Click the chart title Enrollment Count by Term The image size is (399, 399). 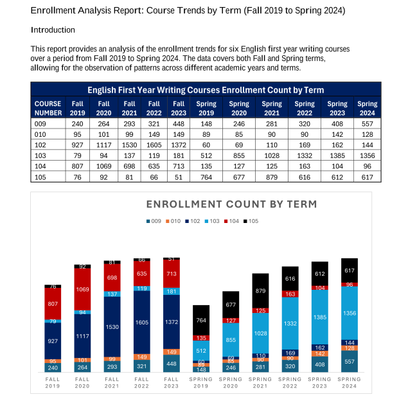pyautogui.click(x=231, y=204)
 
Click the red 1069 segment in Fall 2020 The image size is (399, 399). pyautogui.click(x=82, y=290)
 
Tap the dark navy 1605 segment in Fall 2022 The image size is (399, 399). pyautogui.click(x=141, y=321)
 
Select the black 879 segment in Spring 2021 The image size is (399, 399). pyautogui.click(x=260, y=290)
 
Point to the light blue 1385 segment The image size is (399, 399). pyautogui.click(x=319, y=317)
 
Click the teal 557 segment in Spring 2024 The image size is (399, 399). pyautogui.click(x=349, y=361)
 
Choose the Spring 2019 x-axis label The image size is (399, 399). pyautogui.click(x=201, y=383)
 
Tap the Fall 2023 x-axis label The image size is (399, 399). pyautogui.click(x=171, y=383)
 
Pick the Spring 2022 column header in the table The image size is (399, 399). pyautogui.click(x=305, y=107)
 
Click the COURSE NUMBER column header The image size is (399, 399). pyautogui.click(x=48, y=107)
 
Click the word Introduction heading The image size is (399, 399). pyautogui.click(x=53, y=30)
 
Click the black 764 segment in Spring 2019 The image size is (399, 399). pyautogui.click(x=201, y=320)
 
